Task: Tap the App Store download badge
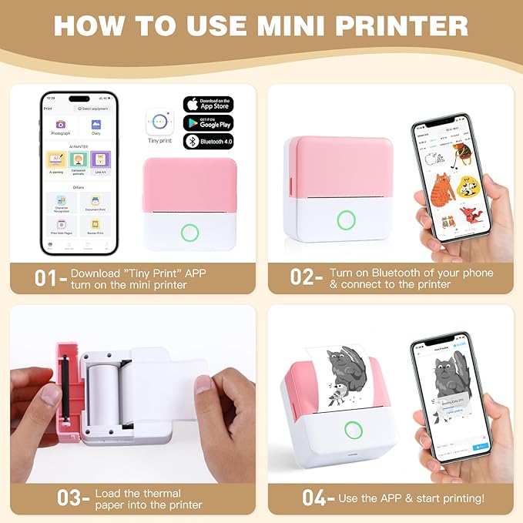pos(207,104)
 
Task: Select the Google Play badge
pos(207,123)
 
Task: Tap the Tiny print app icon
pos(159,122)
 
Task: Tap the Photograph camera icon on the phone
pos(60,125)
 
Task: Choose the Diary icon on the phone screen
pos(96,125)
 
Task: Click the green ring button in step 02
pos(347,220)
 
